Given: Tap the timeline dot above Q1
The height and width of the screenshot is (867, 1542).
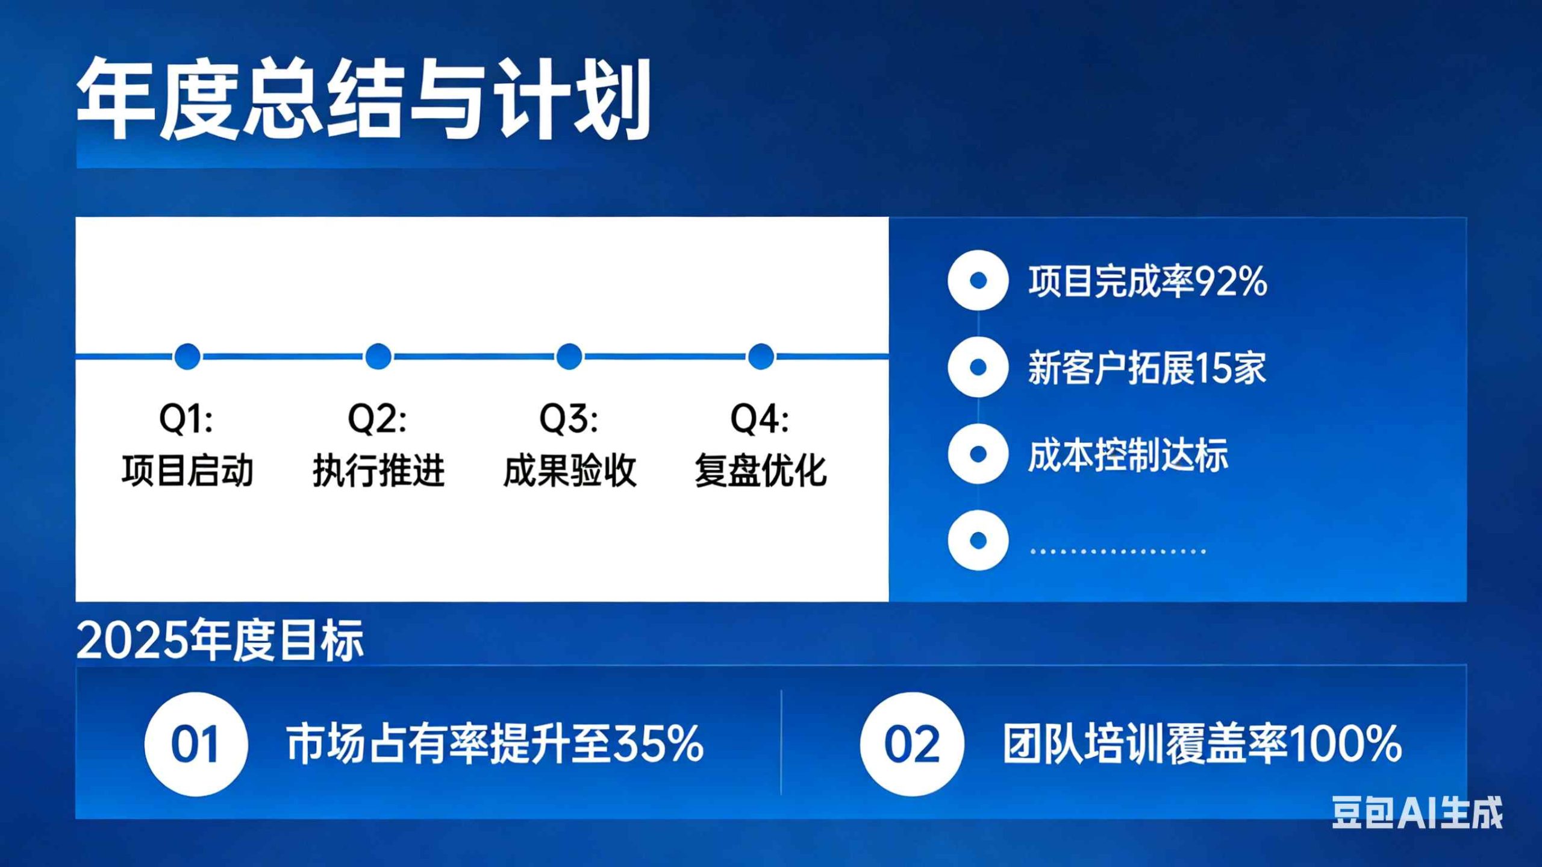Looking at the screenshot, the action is [x=187, y=357].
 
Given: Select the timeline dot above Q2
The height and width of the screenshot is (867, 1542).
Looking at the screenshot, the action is [x=378, y=357].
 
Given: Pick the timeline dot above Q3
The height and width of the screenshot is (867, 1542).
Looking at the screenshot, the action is [x=569, y=357].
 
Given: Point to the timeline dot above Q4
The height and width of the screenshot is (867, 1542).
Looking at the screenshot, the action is [x=761, y=357].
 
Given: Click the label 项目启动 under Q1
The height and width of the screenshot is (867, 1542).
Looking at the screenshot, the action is [x=187, y=471].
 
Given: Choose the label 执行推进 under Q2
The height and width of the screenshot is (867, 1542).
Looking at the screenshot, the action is [x=378, y=471].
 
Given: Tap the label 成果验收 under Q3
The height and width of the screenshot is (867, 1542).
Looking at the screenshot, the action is [x=570, y=471].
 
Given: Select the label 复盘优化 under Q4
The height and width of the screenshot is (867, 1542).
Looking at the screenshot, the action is [x=761, y=471].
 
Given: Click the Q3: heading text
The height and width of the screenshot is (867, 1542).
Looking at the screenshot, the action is [x=569, y=419].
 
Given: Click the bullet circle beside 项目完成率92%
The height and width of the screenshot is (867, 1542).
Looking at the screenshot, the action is [x=978, y=280].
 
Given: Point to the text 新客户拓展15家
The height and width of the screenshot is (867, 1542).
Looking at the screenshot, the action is [x=1147, y=368].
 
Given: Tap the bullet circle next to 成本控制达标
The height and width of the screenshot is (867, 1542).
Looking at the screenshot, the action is [x=978, y=454].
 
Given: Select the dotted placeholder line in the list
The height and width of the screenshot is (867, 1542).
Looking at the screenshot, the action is [x=1118, y=551].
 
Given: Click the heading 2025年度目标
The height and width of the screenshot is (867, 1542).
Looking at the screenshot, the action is [x=220, y=640].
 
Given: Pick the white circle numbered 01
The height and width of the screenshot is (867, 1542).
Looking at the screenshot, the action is [x=196, y=744].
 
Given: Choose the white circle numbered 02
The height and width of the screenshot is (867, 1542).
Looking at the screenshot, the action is [x=912, y=744].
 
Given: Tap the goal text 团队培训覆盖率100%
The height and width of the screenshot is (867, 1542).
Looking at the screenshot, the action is [x=1202, y=744].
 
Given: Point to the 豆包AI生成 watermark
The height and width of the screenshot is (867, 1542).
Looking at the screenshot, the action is [x=1417, y=813].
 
